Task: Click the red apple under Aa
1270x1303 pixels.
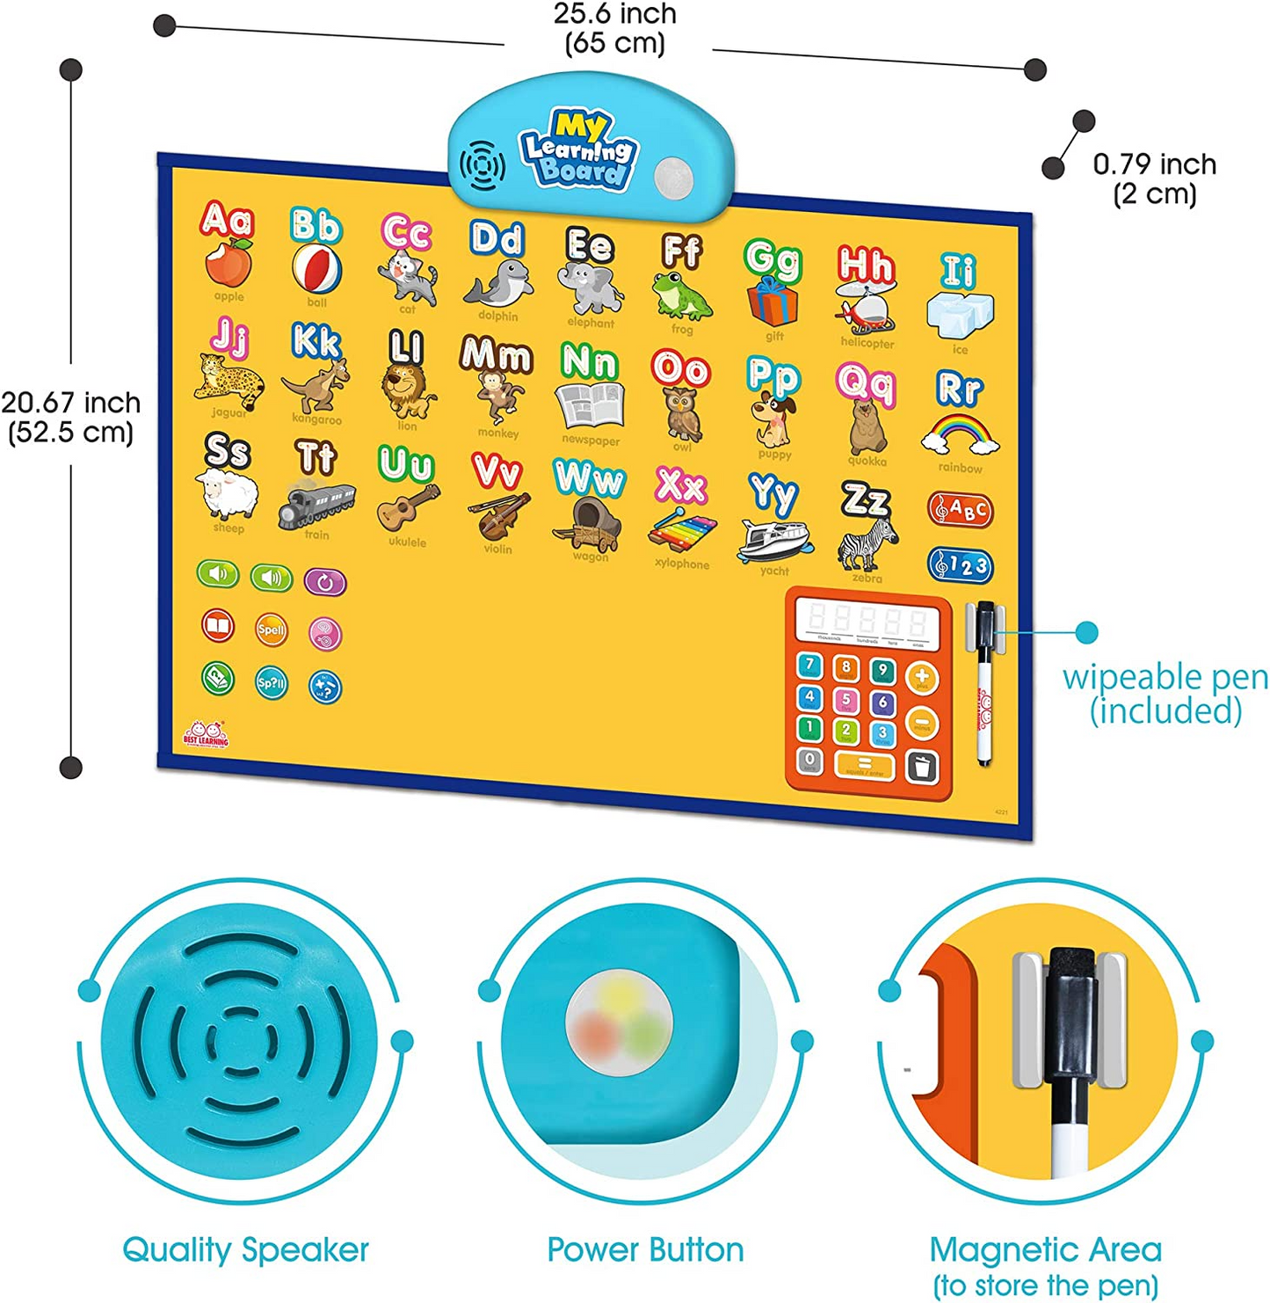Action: click(229, 264)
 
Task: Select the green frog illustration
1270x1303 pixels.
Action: click(682, 296)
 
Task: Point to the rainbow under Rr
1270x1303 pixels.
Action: click(960, 434)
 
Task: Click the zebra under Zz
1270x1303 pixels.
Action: click(867, 544)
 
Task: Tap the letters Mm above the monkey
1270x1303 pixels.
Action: click(497, 355)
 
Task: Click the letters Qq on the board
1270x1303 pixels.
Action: click(866, 382)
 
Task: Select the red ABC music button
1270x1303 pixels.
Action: click(961, 510)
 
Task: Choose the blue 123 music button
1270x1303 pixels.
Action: click(961, 565)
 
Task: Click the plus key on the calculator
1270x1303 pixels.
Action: click(921, 677)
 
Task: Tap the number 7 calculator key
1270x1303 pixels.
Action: click(809, 666)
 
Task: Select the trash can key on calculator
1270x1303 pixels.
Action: click(921, 768)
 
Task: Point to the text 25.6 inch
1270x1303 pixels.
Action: click(615, 14)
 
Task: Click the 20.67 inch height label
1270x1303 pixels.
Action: click(70, 404)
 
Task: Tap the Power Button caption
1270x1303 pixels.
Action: click(645, 1249)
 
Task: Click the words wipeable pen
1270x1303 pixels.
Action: click(1165, 678)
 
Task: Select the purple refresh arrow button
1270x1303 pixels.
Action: click(325, 582)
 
